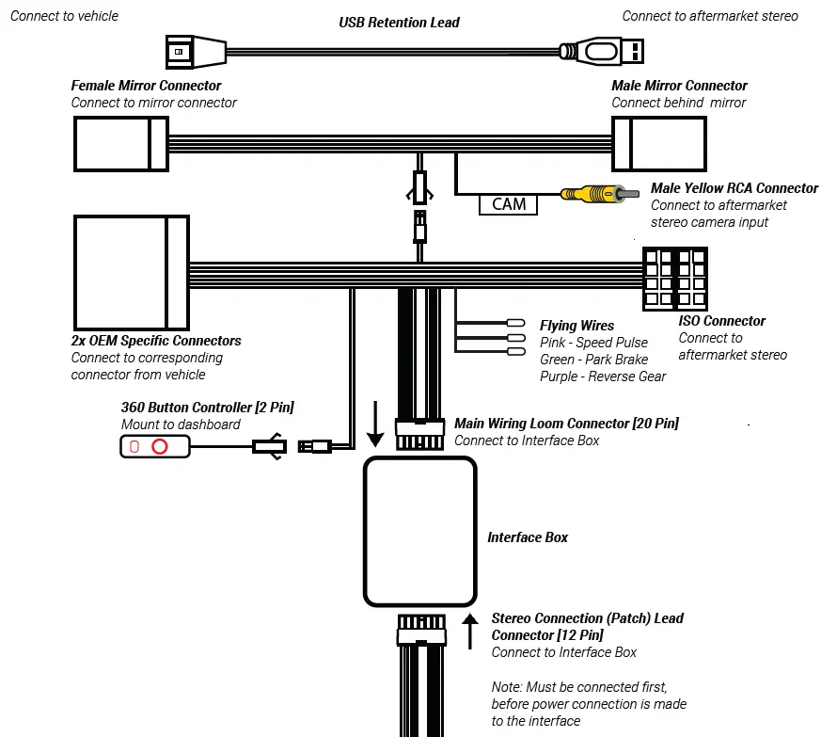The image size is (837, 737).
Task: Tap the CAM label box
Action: click(508, 203)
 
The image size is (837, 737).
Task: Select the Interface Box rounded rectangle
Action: click(419, 531)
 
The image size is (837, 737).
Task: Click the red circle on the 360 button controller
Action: click(161, 446)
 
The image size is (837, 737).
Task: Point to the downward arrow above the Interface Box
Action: click(375, 424)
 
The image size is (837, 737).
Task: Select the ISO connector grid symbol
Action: click(673, 280)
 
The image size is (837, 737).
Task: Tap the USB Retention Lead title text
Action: click(400, 22)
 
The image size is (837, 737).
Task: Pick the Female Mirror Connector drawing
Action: click(121, 144)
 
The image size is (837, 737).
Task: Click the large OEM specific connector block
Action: click(131, 270)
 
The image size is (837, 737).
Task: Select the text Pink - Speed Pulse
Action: click(593, 343)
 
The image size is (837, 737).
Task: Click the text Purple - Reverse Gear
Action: click(603, 377)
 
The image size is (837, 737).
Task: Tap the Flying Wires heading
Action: click(576, 326)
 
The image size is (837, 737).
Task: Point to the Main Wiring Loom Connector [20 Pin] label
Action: click(566, 424)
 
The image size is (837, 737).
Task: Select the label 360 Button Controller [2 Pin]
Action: click(207, 408)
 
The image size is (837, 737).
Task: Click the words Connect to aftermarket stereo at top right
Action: click(710, 16)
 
